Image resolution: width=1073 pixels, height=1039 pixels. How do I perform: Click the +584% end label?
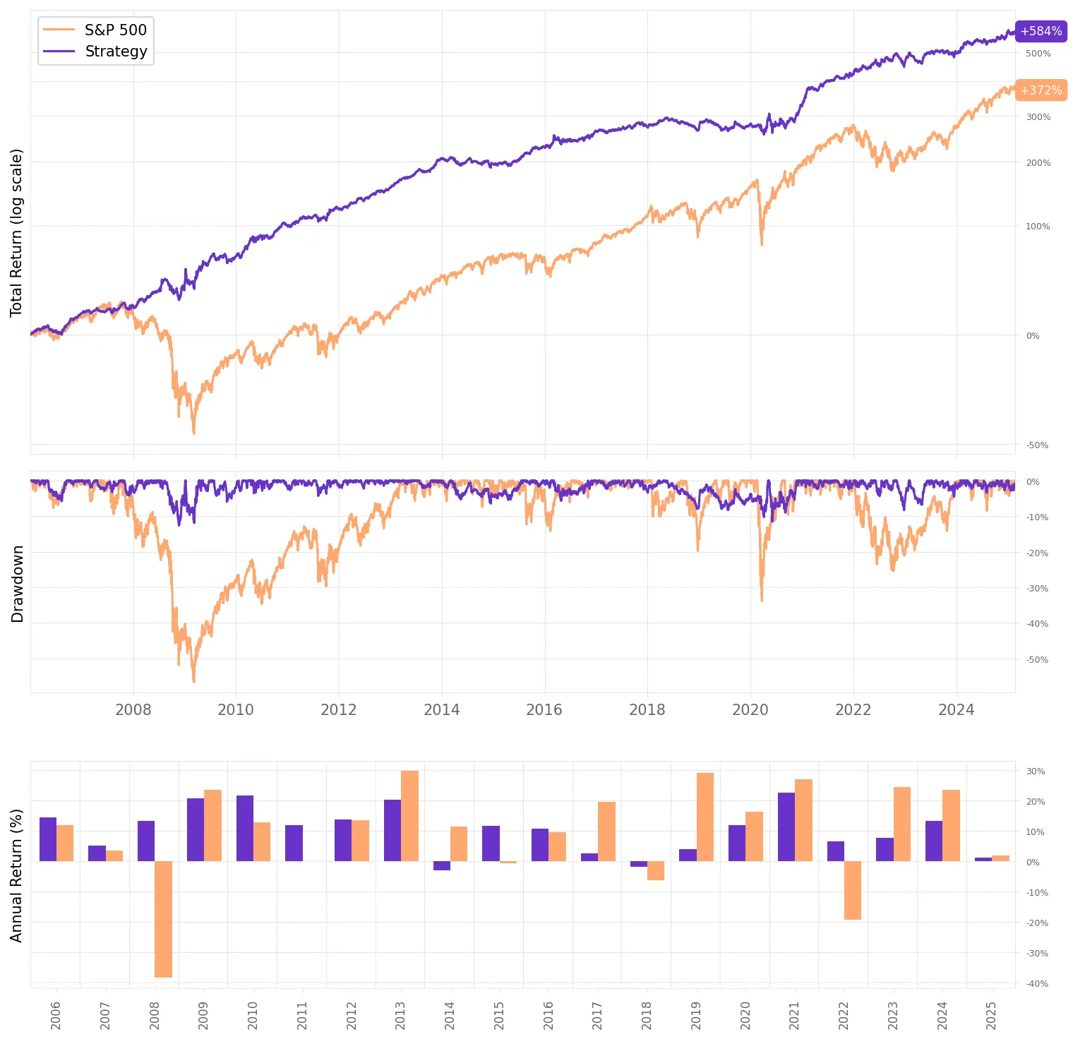(x=1041, y=31)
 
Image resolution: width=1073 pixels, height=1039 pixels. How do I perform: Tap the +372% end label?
(x=1041, y=90)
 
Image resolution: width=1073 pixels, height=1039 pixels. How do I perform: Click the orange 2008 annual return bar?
(x=163, y=919)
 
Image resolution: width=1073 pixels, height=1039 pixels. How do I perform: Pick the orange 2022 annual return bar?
(x=853, y=890)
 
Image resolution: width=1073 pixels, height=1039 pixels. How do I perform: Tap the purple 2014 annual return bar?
(x=442, y=865)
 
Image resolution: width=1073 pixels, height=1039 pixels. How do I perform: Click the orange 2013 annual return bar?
(x=409, y=816)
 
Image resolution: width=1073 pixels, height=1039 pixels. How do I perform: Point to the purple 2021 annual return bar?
(x=786, y=827)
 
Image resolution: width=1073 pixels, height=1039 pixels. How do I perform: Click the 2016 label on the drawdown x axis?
(x=544, y=710)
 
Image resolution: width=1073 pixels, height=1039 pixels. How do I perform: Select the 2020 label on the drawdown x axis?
(x=750, y=710)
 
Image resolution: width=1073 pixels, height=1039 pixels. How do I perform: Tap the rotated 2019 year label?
(x=696, y=1016)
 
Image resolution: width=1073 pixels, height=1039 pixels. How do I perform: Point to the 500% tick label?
(x=1038, y=54)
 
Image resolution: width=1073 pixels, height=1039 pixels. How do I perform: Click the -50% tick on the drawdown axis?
(x=1038, y=660)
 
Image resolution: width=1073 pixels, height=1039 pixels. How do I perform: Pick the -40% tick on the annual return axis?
(x=1037, y=984)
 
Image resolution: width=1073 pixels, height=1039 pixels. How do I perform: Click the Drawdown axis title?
(x=18, y=584)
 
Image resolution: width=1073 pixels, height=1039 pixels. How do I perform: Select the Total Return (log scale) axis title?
(x=16, y=233)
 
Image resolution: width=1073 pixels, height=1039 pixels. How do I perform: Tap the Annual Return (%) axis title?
(x=16, y=875)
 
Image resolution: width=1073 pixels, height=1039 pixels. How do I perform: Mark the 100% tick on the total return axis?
(x=1038, y=227)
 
